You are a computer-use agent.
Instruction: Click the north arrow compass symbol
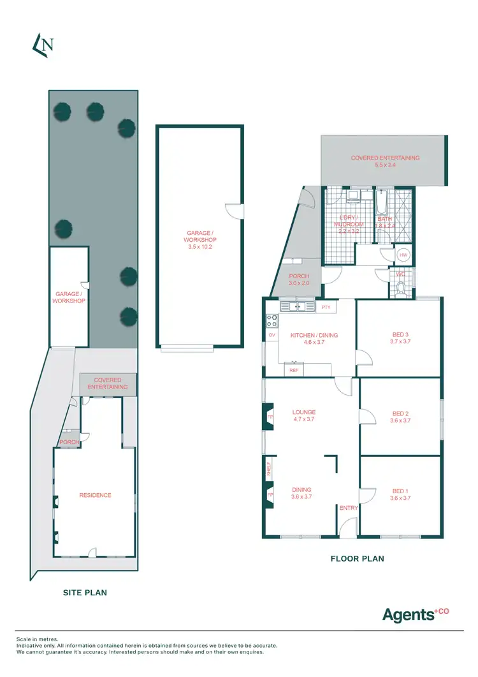click(43, 44)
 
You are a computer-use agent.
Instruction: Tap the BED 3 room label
click(400, 334)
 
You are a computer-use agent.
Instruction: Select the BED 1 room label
click(400, 491)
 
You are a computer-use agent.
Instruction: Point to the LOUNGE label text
click(304, 412)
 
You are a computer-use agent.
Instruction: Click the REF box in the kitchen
click(294, 370)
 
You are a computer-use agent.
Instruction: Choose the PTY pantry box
click(326, 307)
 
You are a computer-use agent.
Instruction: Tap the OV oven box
click(272, 335)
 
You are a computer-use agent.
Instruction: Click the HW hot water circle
click(403, 255)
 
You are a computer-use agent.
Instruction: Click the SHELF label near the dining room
click(269, 470)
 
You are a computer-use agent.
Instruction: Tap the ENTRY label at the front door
click(349, 508)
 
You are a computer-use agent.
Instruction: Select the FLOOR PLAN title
click(357, 558)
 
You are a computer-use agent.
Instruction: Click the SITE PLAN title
click(85, 592)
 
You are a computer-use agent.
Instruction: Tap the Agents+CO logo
click(415, 614)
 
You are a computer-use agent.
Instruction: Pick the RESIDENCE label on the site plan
click(95, 495)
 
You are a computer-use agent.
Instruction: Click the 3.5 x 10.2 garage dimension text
click(200, 247)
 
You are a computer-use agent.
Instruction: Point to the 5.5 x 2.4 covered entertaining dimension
click(385, 165)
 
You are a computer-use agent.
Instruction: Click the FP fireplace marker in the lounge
click(270, 417)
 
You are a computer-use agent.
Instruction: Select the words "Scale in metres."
click(37, 639)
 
